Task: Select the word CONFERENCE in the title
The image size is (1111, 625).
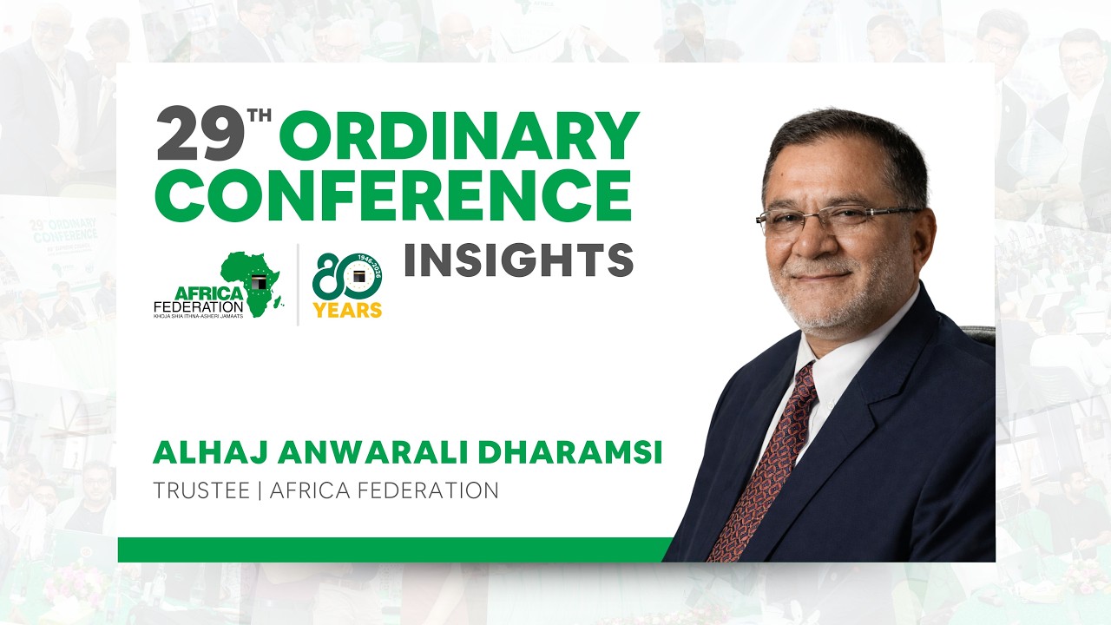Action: pyautogui.click(x=392, y=195)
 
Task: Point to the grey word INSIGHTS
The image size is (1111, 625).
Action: pyautogui.click(x=518, y=261)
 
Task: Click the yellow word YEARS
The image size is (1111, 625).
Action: pyautogui.click(x=347, y=310)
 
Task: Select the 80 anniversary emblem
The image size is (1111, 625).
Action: pyautogui.click(x=347, y=276)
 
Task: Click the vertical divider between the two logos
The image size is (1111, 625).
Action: pyautogui.click(x=299, y=285)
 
